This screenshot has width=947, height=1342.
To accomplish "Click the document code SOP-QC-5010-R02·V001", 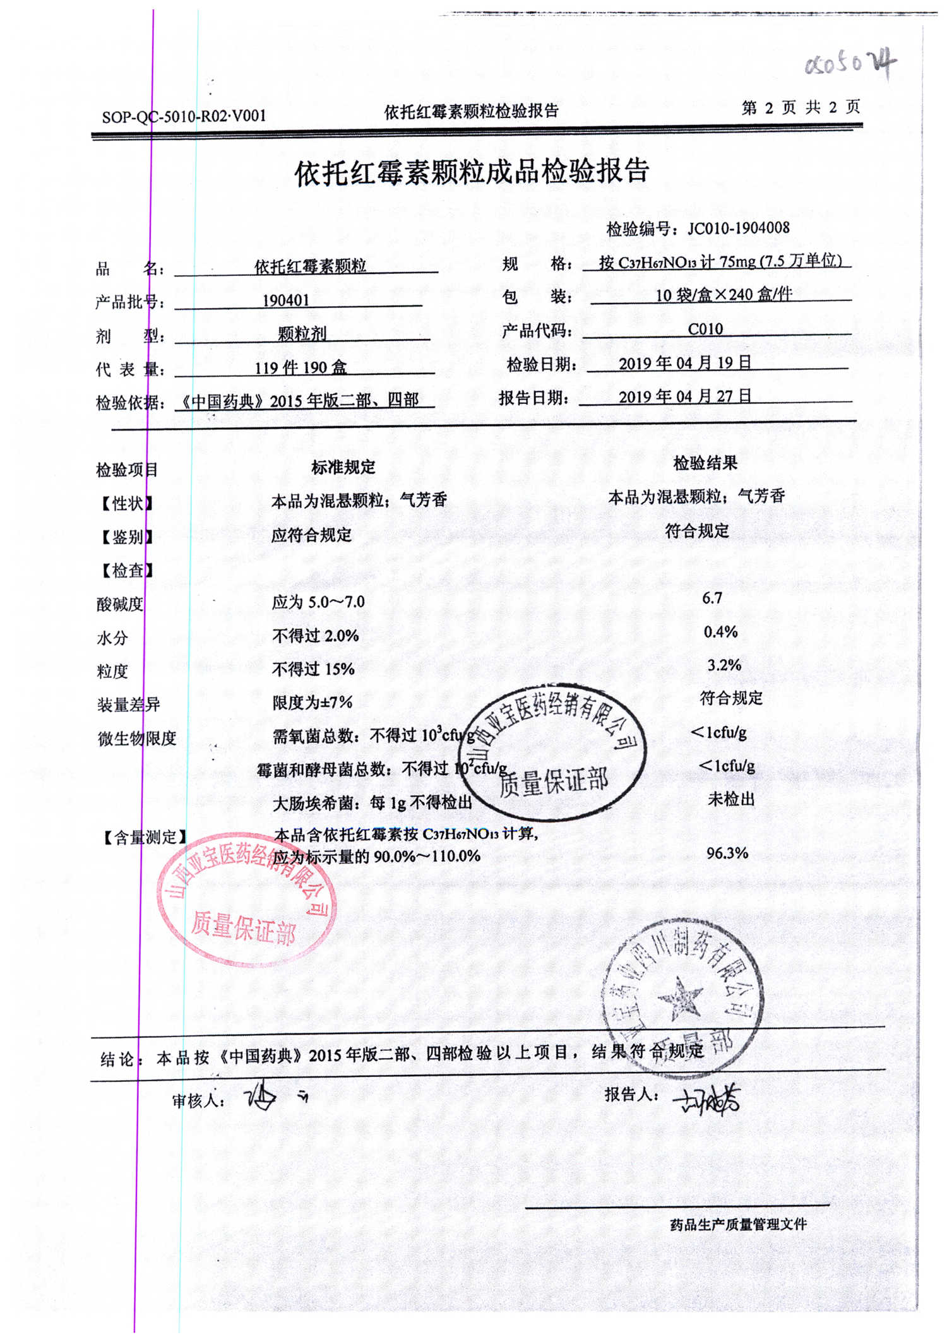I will point(184,116).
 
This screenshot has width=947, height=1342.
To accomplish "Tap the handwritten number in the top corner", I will point(850,64).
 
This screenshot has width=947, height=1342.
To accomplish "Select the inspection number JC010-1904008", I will point(738,228).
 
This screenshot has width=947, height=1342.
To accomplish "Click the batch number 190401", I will point(286,300).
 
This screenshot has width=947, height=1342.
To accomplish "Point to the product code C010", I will point(705,329).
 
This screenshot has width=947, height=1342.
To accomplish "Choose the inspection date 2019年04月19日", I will point(685,363).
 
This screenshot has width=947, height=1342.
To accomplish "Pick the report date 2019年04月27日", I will point(685,396).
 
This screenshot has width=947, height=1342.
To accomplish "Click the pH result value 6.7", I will point(712,598).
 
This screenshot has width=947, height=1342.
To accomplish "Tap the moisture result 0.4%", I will point(720,631).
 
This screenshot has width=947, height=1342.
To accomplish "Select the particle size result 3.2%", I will point(724,665).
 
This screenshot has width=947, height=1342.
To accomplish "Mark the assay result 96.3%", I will point(727,853).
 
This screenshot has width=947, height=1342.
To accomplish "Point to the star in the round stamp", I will point(680,999).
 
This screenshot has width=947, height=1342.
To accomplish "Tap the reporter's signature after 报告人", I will point(707,1099).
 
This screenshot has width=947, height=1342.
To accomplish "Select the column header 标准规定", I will point(343,467).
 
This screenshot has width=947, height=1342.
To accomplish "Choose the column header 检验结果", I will point(705,463).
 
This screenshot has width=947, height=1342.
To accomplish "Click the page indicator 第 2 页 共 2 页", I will point(800,107).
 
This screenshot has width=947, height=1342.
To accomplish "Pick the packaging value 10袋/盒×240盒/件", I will point(724,295).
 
